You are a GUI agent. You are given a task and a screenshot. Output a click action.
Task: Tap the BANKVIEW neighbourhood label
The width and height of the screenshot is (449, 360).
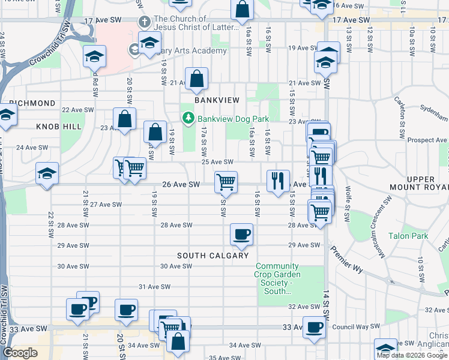(217, 100)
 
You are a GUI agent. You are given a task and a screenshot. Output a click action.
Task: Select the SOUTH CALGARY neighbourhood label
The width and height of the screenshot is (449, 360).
(212, 256)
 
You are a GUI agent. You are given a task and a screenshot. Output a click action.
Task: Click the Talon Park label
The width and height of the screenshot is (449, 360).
(408, 236)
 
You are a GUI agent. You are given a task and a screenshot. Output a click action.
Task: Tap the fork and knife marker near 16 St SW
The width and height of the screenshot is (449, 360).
(277, 180)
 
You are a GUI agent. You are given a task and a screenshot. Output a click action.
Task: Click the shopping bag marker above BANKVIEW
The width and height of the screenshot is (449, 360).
(196, 78)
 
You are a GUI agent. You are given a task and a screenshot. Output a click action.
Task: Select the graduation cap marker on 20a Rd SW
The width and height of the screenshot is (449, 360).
(94, 56)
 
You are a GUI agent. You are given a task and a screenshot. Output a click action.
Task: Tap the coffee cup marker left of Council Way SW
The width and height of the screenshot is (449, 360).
(314, 328)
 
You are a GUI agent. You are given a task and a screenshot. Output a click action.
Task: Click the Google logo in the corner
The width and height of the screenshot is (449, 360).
(20, 353)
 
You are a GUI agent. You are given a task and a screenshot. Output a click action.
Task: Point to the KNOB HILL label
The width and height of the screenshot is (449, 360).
(58, 127)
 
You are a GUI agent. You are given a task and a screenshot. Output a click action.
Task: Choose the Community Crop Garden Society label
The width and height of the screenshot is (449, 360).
(277, 279)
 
